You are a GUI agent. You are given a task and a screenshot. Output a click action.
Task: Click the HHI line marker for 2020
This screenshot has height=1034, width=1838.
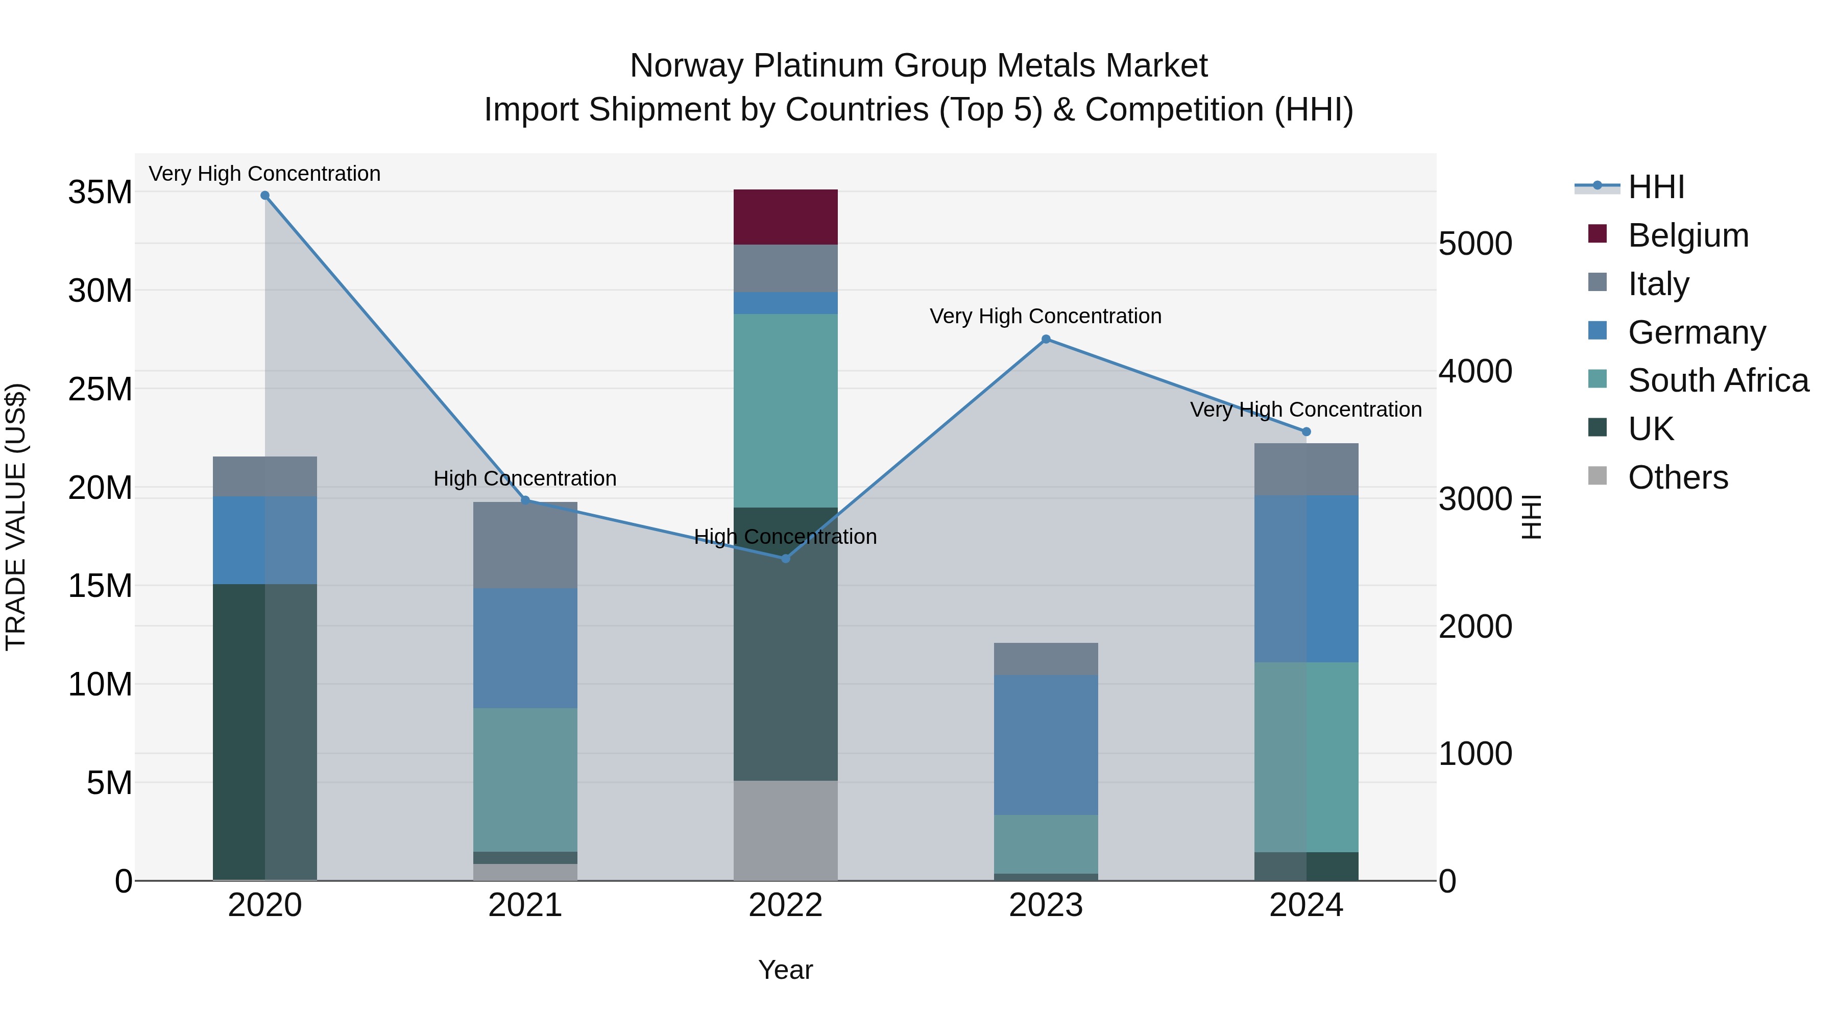(x=264, y=196)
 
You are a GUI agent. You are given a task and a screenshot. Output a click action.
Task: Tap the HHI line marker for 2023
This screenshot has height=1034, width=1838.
(x=1046, y=340)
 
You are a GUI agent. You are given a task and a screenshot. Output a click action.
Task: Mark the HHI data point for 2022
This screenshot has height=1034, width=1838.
(x=786, y=559)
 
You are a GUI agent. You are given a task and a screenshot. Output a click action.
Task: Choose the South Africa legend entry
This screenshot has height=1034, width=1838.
(x=1718, y=380)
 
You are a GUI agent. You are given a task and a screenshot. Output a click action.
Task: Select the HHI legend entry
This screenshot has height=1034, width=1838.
(x=1655, y=187)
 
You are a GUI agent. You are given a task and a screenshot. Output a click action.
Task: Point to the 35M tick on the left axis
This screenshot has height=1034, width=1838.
(x=100, y=193)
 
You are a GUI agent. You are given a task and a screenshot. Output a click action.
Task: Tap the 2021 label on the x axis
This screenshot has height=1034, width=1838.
(x=525, y=905)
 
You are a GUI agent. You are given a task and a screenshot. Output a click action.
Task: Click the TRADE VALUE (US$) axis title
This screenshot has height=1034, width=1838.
(x=16, y=517)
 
